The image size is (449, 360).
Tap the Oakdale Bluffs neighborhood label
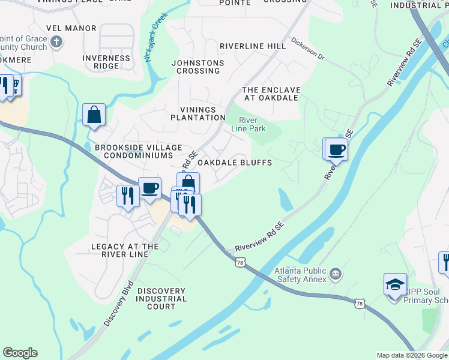click(235, 163)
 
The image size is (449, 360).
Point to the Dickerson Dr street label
click(307, 50)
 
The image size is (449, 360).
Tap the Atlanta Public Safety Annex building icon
click(336, 275)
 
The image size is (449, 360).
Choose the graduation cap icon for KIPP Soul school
click(395, 284)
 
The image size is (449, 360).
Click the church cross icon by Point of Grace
click(56, 42)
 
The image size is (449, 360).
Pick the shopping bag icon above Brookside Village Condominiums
click(94, 114)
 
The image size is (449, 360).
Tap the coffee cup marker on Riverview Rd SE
click(336, 149)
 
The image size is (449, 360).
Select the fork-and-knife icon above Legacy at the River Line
click(128, 195)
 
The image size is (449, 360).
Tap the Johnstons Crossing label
click(197, 67)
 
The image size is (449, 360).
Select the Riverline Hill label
click(253, 46)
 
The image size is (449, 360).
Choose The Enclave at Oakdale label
click(271, 94)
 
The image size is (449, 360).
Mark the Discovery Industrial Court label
click(161, 299)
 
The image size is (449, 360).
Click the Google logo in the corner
click(20, 353)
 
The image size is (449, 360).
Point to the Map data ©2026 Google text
click(411, 355)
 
